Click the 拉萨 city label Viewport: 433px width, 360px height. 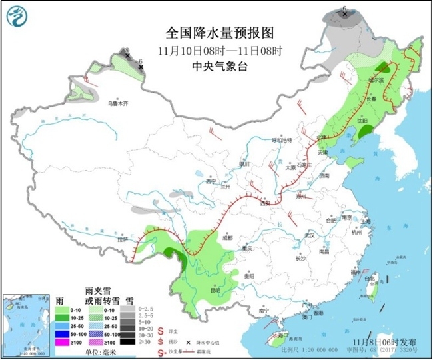pyautogui.click(x=121, y=239)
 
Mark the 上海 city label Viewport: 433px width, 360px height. pyautogui.click(x=365, y=221)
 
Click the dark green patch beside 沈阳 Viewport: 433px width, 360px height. pyautogui.click(x=365, y=133)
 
